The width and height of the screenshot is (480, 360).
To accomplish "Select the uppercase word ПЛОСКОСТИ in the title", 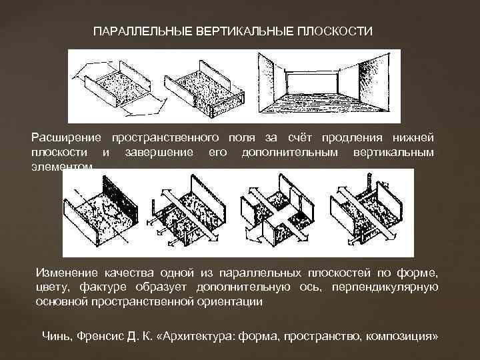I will [335, 31].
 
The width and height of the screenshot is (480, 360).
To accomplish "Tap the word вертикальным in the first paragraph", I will [399, 153].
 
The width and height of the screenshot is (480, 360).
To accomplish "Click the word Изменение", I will [66, 273].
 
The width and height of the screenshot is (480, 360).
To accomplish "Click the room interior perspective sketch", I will [325, 87].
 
